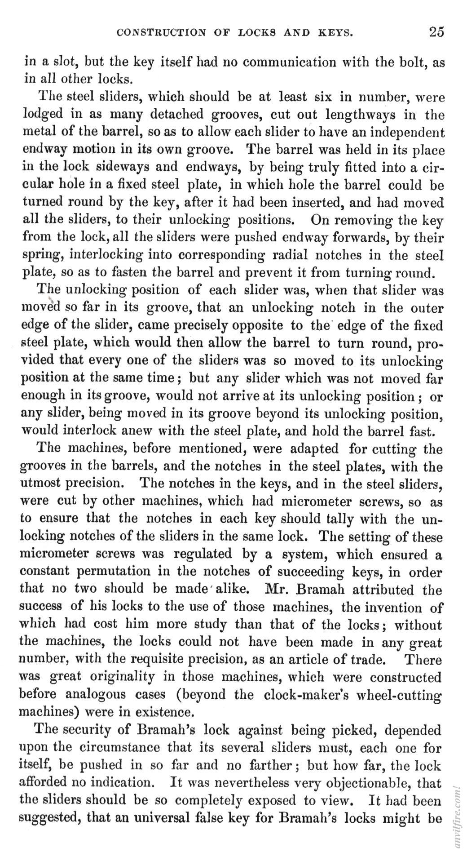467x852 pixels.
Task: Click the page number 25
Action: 436,32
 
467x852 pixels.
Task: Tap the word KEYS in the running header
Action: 335,33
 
